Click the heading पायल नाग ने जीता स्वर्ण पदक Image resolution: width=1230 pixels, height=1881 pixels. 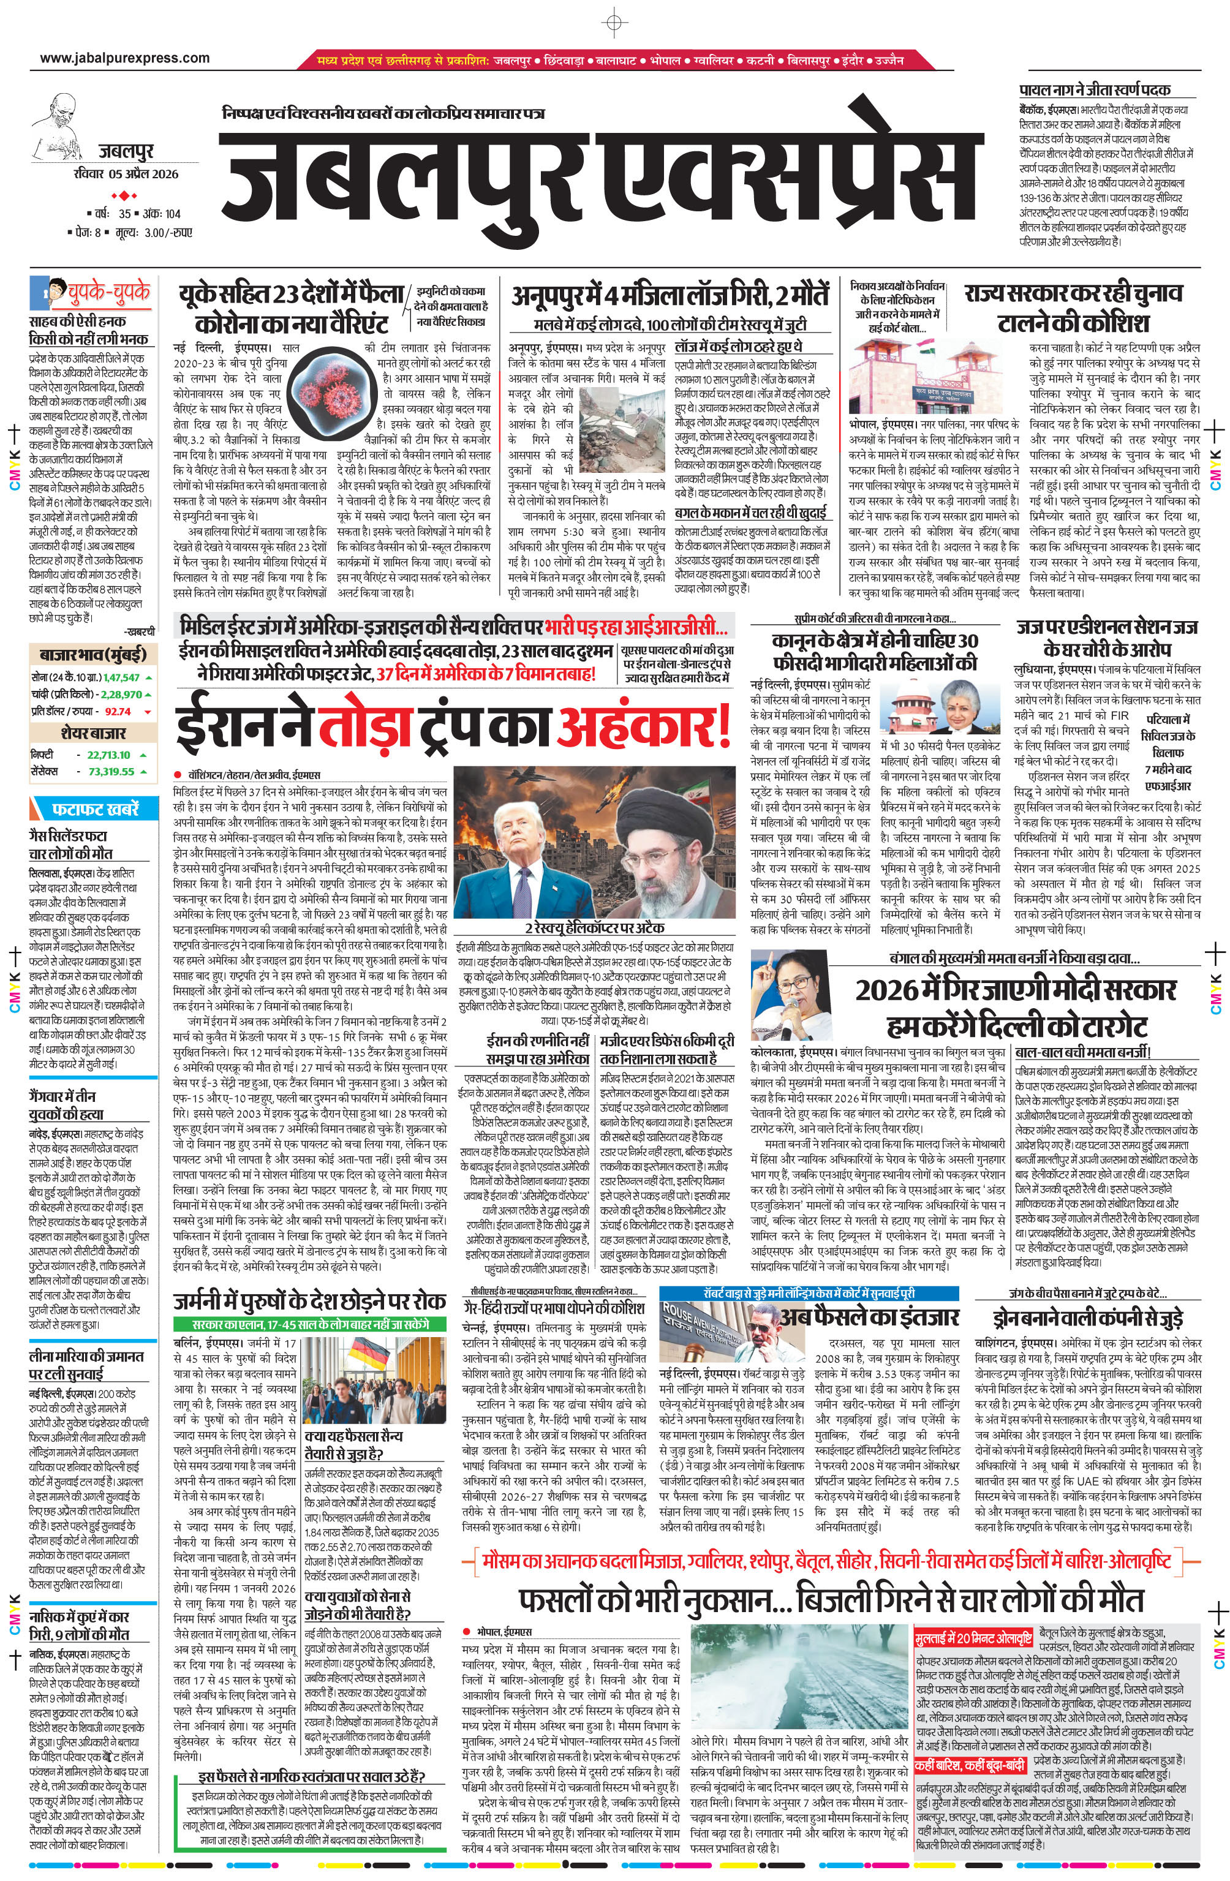tap(1094, 89)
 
